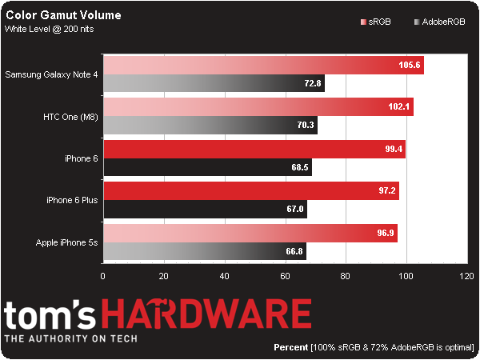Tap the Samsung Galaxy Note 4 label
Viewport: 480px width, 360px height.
pos(51,74)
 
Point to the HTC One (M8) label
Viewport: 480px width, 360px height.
pos(70,116)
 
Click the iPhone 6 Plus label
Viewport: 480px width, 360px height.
pos(72,199)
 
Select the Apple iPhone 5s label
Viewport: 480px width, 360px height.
pos(67,241)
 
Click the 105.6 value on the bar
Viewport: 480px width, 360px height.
pos(410,66)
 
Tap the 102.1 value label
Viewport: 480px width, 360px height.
pos(399,108)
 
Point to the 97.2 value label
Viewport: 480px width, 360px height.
pos(385,191)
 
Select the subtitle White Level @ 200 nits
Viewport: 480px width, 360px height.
pos(47,29)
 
